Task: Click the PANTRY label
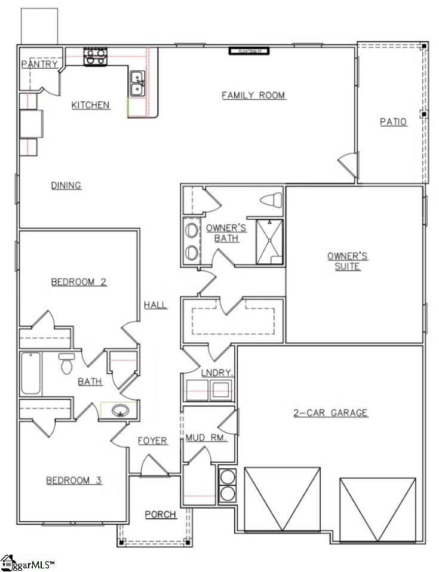[x=40, y=64]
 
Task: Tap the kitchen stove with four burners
[x=95, y=57]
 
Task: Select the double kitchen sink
[x=137, y=84]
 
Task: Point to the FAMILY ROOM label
[x=253, y=95]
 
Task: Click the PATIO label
[x=394, y=122]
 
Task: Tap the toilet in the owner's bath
[x=272, y=199]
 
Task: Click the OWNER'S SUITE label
[x=347, y=262]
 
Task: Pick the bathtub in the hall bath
[x=31, y=373]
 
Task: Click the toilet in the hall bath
[x=66, y=363]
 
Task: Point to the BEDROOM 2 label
[x=78, y=282]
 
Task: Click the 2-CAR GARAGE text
[x=330, y=413]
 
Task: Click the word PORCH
[x=161, y=515]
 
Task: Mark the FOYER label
[x=152, y=441]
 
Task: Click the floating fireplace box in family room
[x=250, y=51]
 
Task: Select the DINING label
[x=66, y=186]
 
